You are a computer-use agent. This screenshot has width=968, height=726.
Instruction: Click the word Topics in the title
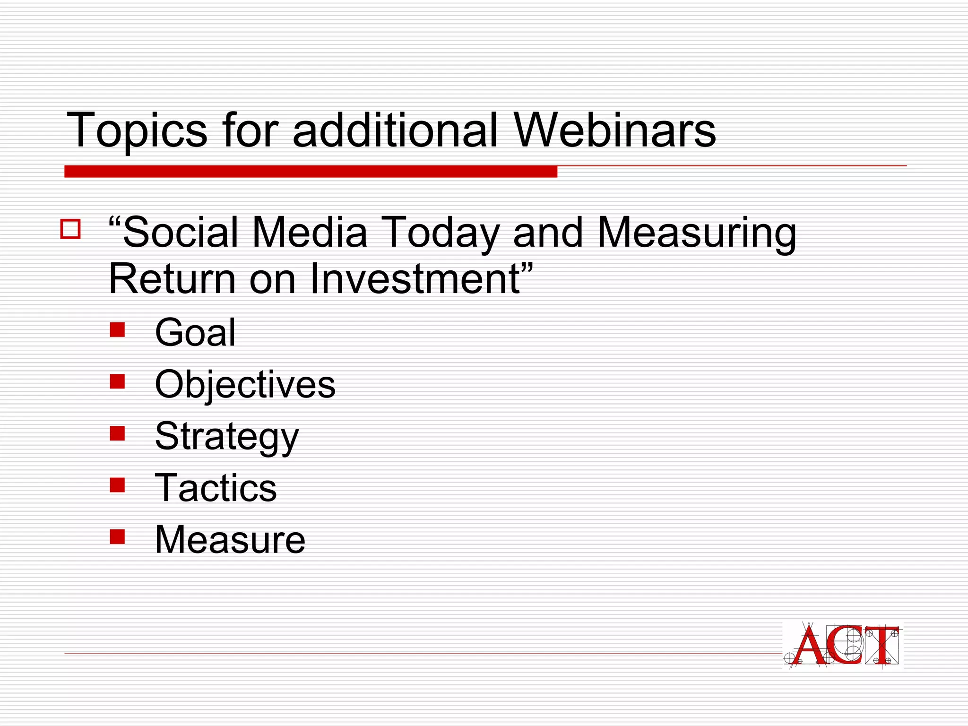click(x=137, y=130)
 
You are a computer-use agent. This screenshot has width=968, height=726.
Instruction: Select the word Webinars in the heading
click(x=614, y=130)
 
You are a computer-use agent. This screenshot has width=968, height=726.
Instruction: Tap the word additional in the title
click(x=395, y=130)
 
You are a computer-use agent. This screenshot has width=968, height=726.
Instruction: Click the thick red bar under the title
click(x=311, y=172)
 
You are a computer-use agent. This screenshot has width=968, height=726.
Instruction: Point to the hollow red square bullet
click(x=70, y=229)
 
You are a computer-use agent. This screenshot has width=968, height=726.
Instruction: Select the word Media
click(x=310, y=232)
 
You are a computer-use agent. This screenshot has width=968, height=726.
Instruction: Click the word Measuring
click(x=697, y=233)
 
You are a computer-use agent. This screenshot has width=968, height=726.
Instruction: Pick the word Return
click(x=172, y=279)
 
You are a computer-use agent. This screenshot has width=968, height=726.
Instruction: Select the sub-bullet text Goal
click(x=195, y=332)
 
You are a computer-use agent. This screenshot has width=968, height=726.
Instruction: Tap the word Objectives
click(x=245, y=385)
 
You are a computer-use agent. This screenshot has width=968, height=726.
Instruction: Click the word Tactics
click(x=216, y=488)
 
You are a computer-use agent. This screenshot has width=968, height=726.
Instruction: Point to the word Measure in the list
click(x=230, y=540)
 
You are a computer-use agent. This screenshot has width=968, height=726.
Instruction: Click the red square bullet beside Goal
click(x=117, y=330)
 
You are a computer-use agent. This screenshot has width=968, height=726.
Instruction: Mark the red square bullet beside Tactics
click(x=117, y=485)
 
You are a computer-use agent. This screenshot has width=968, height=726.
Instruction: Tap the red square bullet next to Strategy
click(x=117, y=433)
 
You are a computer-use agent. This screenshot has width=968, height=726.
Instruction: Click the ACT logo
click(x=843, y=645)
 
